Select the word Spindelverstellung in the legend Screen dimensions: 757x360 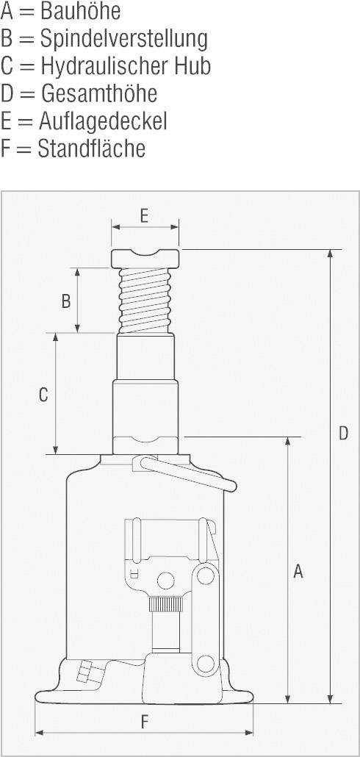click(x=123, y=38)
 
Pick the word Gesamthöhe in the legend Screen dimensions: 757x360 click(x=98, y=93)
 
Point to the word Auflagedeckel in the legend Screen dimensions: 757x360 click(x=103, y=121)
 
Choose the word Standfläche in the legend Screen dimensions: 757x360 click(x=92, y=148)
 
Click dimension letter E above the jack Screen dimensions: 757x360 click(x=144, y=215)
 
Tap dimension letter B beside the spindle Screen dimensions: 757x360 click(x=65, y=301)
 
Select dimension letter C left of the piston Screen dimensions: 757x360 click(x=43, y=395)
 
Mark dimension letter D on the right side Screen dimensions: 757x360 click(x=343, y=434)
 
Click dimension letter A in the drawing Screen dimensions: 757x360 click(x=298, y=571)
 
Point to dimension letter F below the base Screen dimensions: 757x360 click(x=144, y=722)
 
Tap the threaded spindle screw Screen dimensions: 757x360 click(x=145, y=299)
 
